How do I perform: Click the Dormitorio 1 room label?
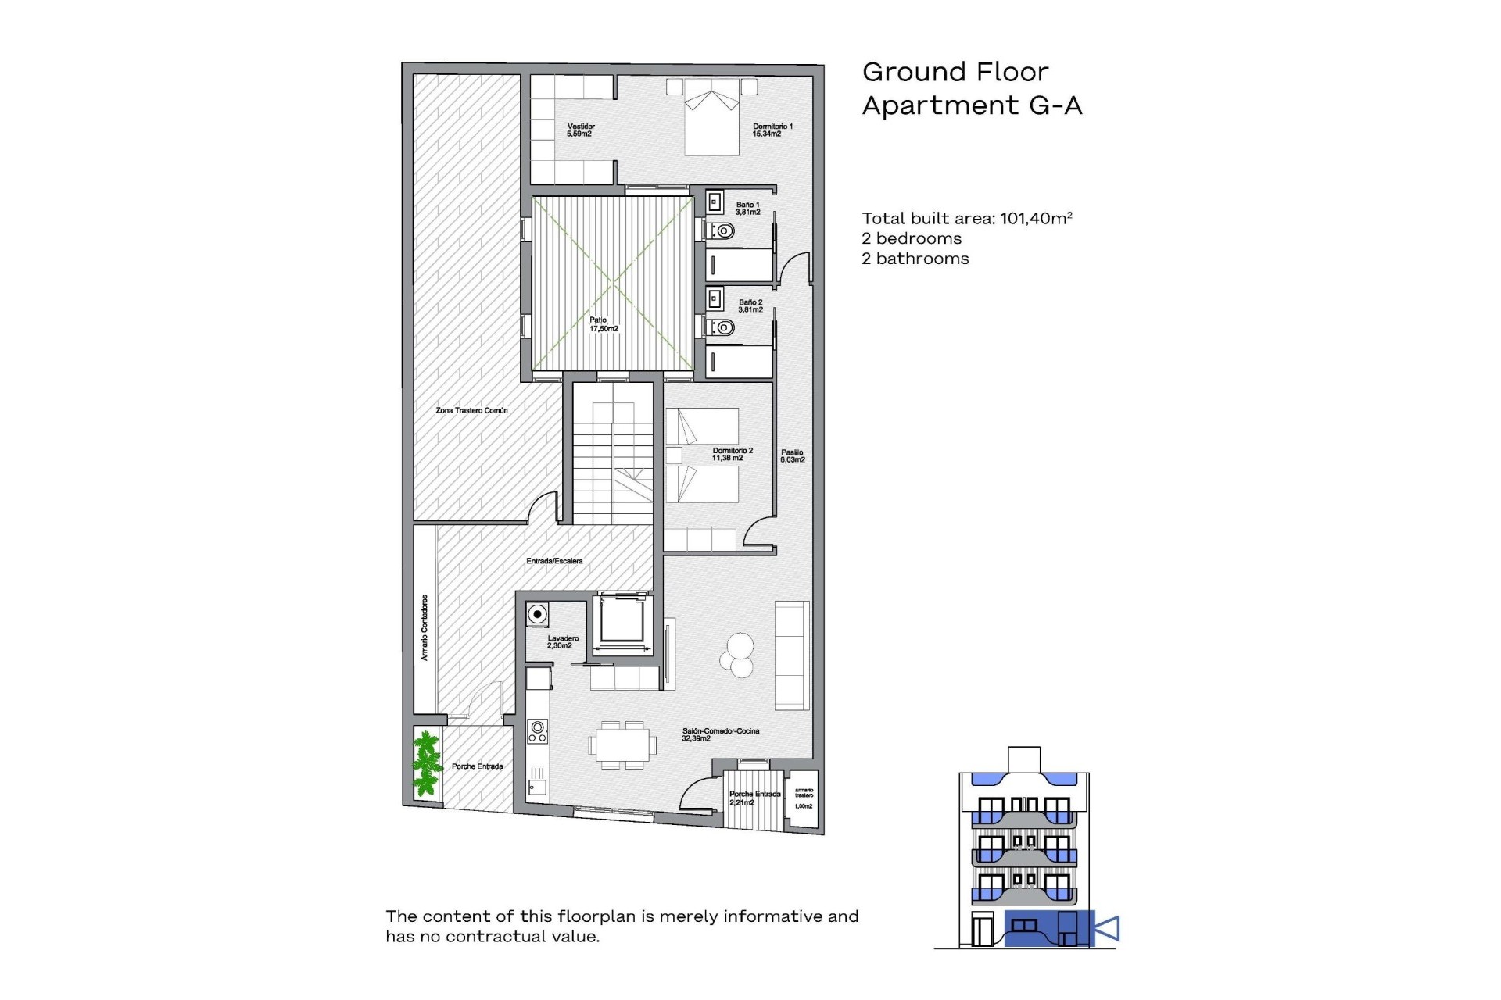coord(772,130)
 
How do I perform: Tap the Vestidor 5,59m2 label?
coord(580,130)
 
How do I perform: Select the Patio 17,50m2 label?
coord(603,324)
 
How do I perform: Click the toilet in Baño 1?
coord(722,231)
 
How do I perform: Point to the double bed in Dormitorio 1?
coord(711,117)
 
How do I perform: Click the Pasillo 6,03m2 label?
coord(792,455)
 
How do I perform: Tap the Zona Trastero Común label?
coord(471,410)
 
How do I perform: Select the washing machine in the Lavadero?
coord(537,614)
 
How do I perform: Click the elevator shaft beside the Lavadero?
coord(622,623)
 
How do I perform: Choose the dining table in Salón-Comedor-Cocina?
coord(622,745)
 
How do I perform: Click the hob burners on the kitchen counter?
coord(537,732)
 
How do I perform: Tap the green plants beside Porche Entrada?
coord(426,763)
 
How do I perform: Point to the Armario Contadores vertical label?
coord(425,627)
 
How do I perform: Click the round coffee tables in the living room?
coord(737,655)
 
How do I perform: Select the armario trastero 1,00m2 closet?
coord(803,799)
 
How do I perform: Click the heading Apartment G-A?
coord(972,105)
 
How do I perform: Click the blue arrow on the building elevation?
coord(1108,928)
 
